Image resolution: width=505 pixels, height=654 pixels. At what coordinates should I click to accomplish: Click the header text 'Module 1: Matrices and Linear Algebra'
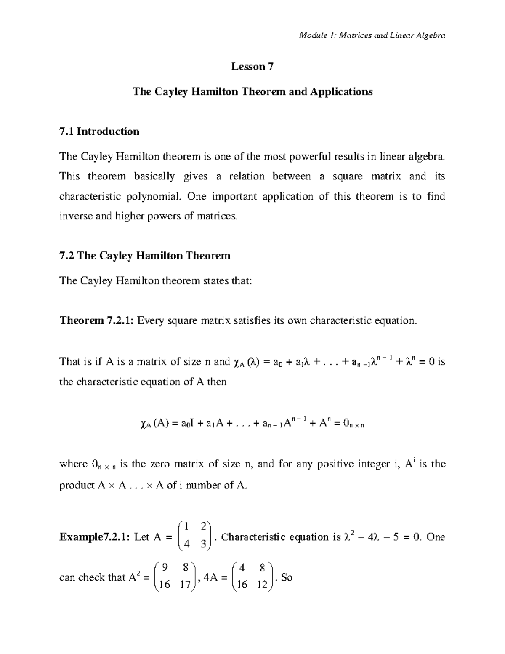click(372, 35)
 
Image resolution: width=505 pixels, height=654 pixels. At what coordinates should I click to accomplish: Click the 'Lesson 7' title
click(252, 67)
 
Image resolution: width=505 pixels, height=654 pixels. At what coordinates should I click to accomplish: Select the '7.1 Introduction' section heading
click(99, 131)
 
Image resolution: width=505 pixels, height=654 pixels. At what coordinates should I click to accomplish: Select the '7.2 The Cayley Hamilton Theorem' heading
click(145, 256)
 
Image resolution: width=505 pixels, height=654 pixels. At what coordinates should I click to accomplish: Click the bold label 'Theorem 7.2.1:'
click(97, 321)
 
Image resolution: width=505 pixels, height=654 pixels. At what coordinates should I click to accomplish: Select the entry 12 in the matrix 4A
click(262, 585)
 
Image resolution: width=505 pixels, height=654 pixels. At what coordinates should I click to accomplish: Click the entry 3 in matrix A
click(204, 545)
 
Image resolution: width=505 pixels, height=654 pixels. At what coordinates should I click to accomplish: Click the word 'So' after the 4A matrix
click(287, 577)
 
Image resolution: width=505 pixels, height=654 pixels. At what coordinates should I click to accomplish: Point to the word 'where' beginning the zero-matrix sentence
click(73, 464)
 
